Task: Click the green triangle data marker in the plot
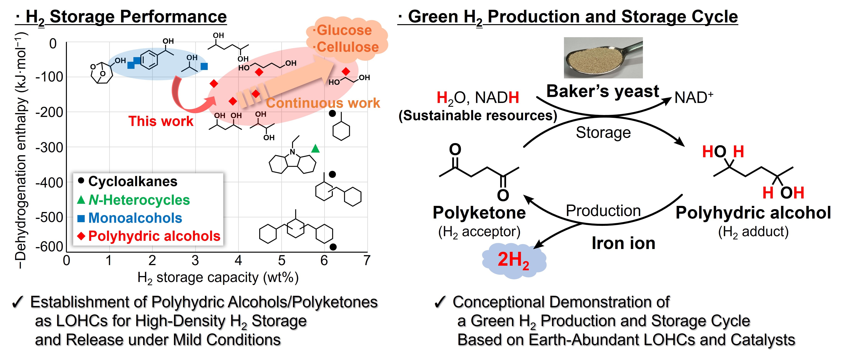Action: [x=315, y=149]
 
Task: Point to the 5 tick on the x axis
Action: [x=281, y=261]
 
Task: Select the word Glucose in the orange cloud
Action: [x=344, y=30]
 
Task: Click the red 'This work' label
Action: [x=161, y=121]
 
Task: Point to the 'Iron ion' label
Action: [x=623, y=243]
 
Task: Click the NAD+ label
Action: [x=694, y=97]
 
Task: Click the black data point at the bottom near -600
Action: [x=333, y=247]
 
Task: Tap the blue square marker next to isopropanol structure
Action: [x=204, y=66]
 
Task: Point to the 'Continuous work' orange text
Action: [x=323, y=103]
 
